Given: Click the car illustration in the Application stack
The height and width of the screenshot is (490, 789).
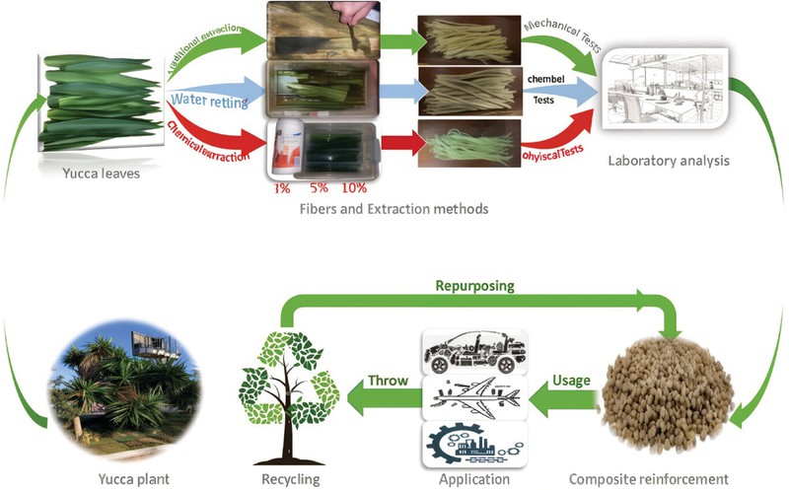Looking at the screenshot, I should click(x=474, y=349).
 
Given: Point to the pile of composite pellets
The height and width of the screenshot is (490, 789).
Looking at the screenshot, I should click(x=675, y=392).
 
